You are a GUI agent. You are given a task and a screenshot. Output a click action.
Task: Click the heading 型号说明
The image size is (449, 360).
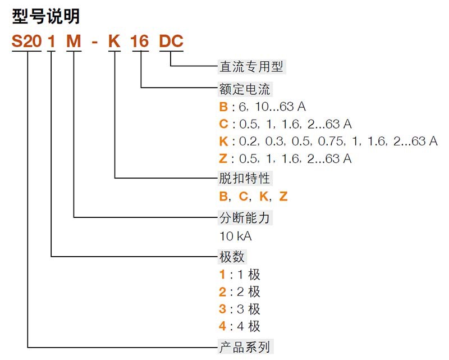46,16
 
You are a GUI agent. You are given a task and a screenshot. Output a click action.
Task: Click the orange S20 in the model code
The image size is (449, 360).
26,42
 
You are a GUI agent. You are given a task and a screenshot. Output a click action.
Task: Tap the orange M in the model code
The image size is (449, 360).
74,42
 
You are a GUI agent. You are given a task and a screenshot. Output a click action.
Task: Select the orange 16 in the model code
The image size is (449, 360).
140,42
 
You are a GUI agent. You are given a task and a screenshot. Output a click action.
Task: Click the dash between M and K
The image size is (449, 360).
95,43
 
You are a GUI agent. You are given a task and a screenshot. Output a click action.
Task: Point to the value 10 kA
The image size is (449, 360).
236,235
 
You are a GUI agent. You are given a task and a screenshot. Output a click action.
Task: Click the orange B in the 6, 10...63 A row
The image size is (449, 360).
223,107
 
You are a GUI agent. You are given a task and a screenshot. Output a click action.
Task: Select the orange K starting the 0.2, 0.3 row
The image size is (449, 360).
223,141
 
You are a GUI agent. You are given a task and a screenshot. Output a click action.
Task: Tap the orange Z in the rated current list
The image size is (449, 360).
223,158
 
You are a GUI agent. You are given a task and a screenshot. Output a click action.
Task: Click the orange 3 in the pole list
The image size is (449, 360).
222,309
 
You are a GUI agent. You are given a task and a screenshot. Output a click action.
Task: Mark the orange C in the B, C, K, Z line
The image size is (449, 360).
243,197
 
